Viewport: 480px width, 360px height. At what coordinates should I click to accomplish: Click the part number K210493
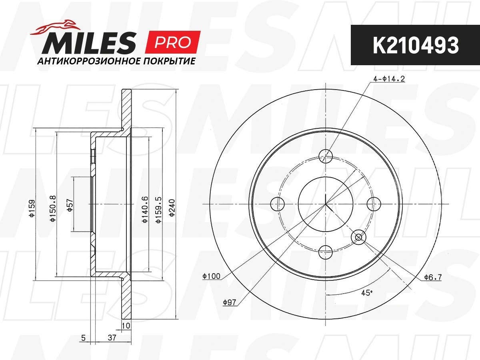pyautogui.click(x=416, y=45)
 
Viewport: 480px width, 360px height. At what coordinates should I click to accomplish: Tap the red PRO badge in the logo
pyautogui.click(x=172, y=42)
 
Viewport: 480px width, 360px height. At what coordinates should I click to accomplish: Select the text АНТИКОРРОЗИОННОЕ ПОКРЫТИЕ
pyautogui.click(x=116, y=61)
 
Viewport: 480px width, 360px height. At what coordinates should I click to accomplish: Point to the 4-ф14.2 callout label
pyautogui.click(x=389, y=79)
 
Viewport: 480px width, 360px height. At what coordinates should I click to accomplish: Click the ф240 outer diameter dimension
pyautogui.click(x=172, y=208)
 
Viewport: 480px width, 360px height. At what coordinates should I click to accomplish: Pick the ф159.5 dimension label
pyautogui.click(x=158, y=210)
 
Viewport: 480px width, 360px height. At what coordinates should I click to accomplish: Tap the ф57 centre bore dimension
pyautogui.click(x=70, y=205)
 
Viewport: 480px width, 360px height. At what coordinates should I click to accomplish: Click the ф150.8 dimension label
pyautogui.click(x=53, y=209)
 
